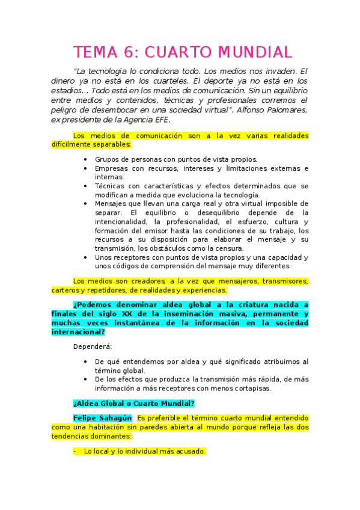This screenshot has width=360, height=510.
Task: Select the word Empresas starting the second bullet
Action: pyautogui.click(x=111, y=168)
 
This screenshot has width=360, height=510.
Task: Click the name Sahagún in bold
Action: pyautogui.click(x=117, y=417)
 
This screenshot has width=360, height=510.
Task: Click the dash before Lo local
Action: pyautogui.click(x=75, y=451)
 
